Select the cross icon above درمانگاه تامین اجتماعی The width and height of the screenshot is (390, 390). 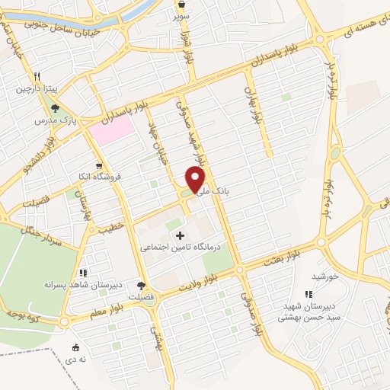[x=180, y=235]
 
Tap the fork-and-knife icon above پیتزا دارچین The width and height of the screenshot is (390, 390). [x=36, y=76]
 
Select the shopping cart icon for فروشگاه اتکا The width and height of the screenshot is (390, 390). [x=98, y=165]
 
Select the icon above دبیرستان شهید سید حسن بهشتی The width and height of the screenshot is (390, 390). [x=308, y=293]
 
